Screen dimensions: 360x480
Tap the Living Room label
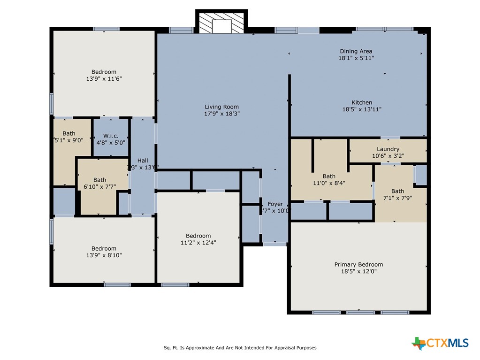[221, 107]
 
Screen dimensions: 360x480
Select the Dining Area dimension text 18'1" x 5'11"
[356, 58]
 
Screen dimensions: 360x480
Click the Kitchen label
[362, 102]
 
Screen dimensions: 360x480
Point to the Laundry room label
[388, 149]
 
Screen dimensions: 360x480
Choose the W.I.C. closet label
[111, 136]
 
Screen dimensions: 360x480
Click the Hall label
[143, 161]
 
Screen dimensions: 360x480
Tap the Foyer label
[275, 204]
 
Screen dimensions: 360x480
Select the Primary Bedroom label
[358, 264]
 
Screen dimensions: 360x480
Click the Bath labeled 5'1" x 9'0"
[69, 134]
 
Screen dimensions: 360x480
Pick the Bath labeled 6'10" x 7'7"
[99, 180]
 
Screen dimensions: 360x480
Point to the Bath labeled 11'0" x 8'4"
[329, 176]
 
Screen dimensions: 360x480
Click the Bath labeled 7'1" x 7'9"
[397, 191]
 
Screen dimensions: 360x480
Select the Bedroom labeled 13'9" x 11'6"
[104, 72]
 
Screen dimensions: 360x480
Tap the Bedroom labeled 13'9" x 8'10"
[104, 248]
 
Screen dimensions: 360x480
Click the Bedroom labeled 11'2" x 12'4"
[198, 236]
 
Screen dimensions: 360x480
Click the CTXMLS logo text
[447, 343]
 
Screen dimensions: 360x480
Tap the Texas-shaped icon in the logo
[418, 343]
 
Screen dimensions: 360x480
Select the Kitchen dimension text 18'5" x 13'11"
[362, 109]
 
